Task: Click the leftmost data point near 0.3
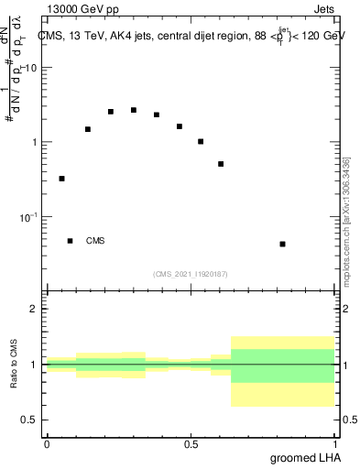coord(61,179)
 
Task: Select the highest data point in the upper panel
coord(134,110)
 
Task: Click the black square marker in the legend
coord(70,241)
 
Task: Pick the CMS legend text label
coord(95,241)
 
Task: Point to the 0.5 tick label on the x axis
coord(191,443)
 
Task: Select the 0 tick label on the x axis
coord(47,443)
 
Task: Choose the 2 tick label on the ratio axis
coord(36,309)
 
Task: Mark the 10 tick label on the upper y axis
coord(31,68)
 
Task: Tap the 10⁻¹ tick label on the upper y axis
coord(29,217)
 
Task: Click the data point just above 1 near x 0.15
coord(88,129)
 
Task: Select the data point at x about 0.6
coord(221,164)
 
